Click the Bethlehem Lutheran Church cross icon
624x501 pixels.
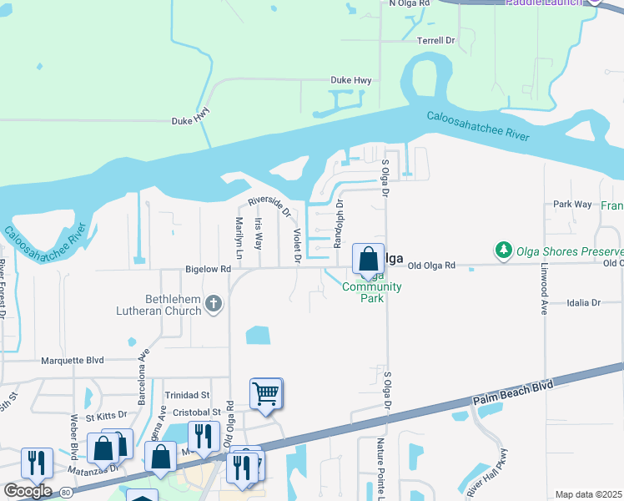pyautogui.click(x=214, y=303)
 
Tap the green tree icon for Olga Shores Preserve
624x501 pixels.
pyautogui.click(x=503, y=250)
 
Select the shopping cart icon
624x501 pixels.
pyautogui.click(x=265, y=392)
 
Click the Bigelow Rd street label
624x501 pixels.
pyautogui.click(x=207, y=270)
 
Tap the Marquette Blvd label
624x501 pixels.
pyautogui.click(x=73, y=361)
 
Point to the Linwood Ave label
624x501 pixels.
pyautogui.click(x=543, y=296)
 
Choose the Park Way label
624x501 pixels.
pyautogui.click(x=572, y=204)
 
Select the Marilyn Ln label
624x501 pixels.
pyautogui.click(x=239, y=237)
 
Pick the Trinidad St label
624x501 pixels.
pyautogui.click(x=187, y=395)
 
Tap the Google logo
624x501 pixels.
pyautogui.click(x=28, y=490)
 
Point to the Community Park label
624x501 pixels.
pyautogui.click(x=371, y=292)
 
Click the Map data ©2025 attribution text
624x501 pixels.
pyautogui.click(x=588, y=494)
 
